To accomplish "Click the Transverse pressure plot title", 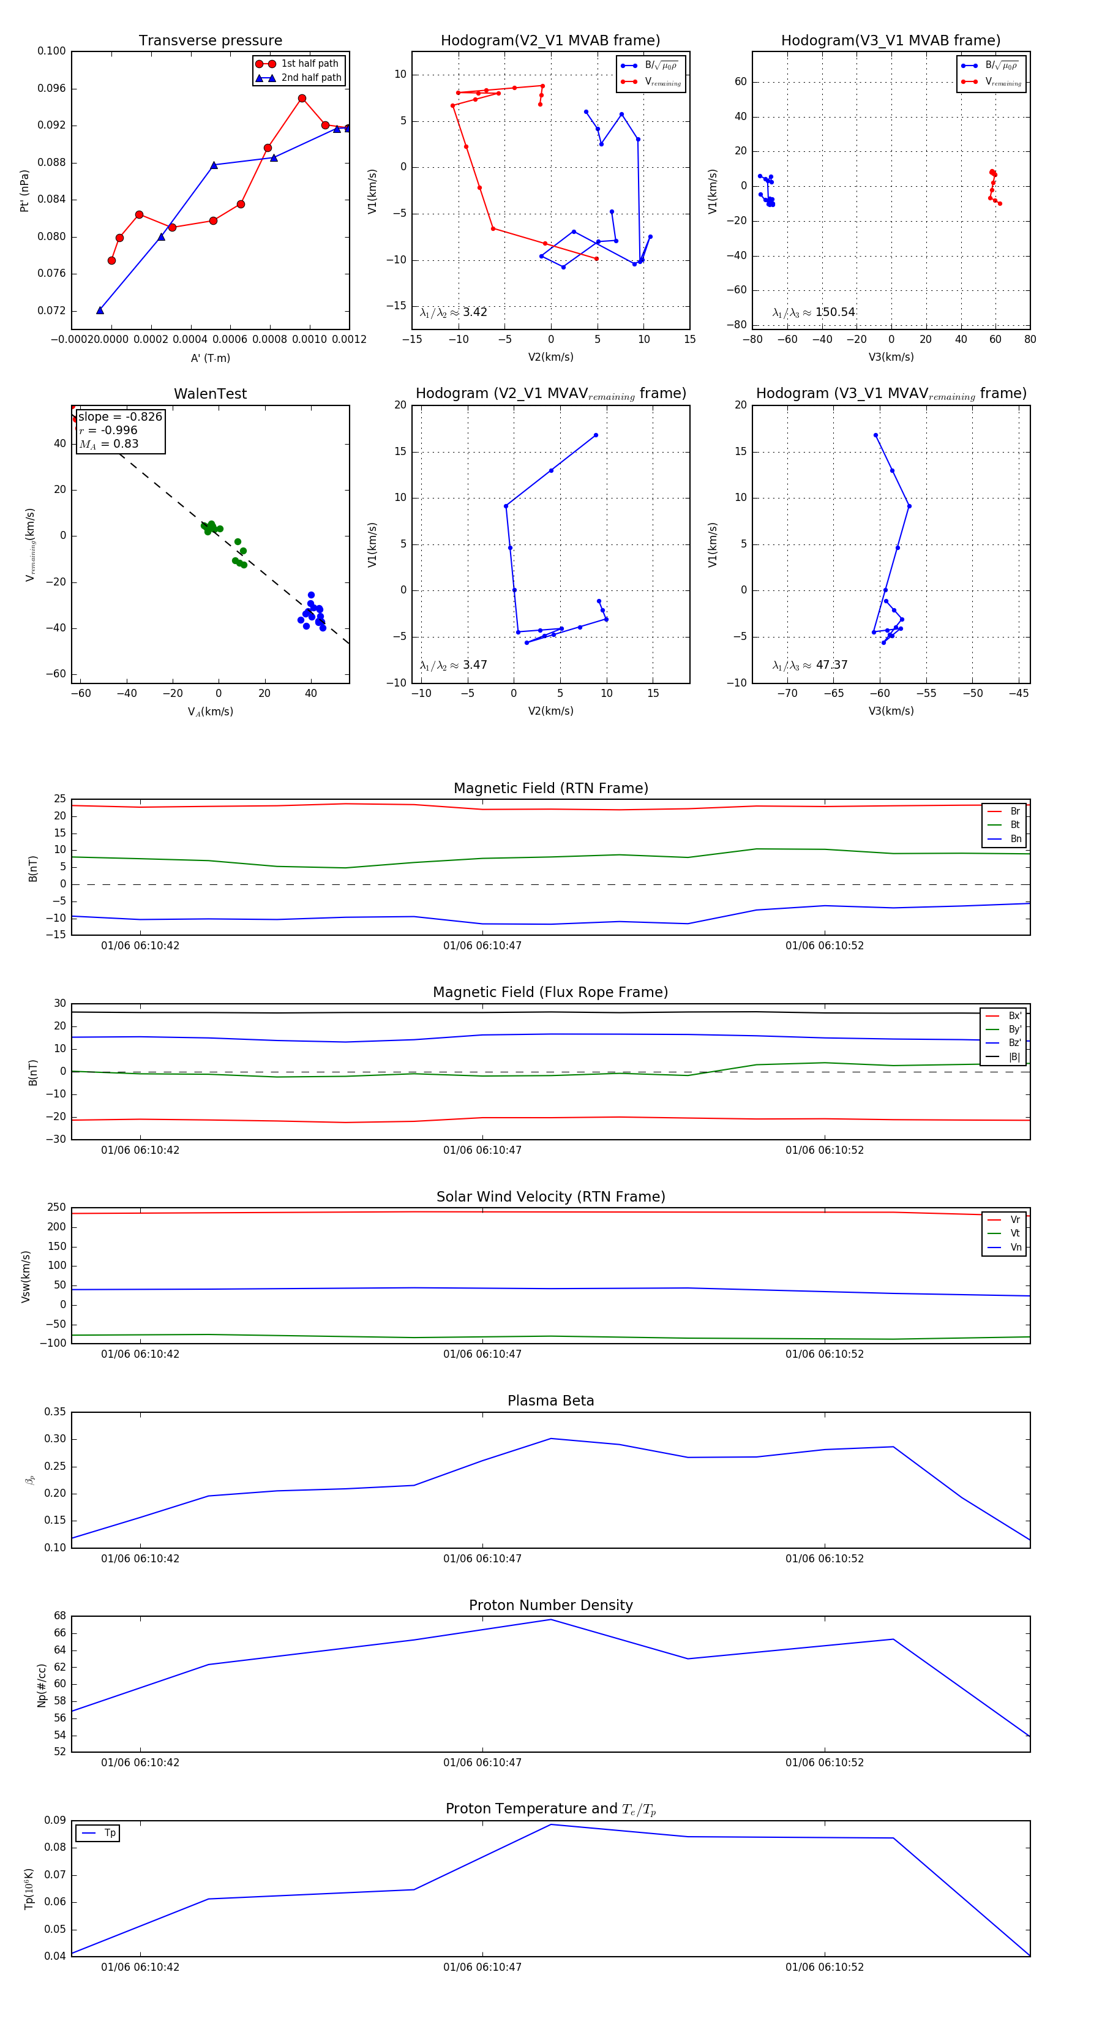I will (210, 41).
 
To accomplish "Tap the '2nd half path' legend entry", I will (310, 78).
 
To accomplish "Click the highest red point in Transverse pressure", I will (302, 99).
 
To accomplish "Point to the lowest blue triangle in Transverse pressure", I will (100, 310).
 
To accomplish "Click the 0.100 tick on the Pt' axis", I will (52, 51).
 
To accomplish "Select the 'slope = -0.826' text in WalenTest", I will (120, 416).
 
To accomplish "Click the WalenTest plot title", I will (210, 394).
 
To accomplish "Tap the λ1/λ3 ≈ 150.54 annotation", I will (814, 312).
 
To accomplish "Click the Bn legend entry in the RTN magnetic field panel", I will (1015, 838).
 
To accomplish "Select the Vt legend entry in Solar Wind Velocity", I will (1015, 1233).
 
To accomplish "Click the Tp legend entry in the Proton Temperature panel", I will (110, 1833).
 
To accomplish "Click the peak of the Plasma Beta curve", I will (550, 1438).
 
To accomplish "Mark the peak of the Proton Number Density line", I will (550, 1619).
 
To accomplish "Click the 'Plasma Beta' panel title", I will (550, 1401).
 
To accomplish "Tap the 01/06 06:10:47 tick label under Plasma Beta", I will (482, 1558).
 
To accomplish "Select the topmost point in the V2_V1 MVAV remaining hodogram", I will (596, 435).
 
